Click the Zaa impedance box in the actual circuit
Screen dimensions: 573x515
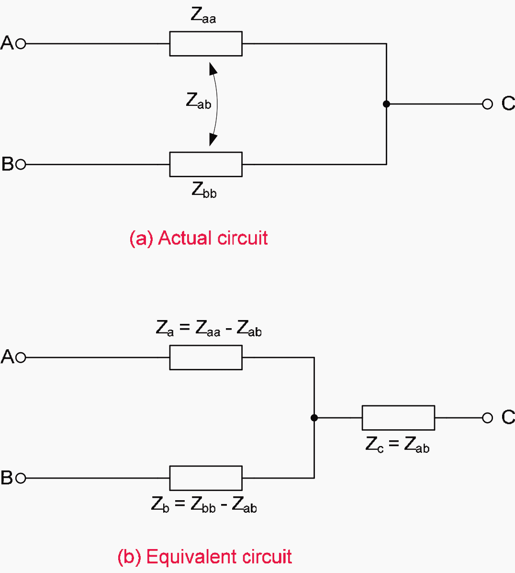coord(206,44)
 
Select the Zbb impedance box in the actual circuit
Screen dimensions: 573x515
coord(206,164)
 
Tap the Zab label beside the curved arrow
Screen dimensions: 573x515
coord(198,101)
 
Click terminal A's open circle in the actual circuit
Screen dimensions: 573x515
coord(21,44)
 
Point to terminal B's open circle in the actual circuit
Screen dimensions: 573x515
coord(21,164)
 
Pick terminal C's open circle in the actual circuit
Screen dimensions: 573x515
coord(487,104)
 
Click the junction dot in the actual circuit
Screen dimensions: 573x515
coord(386,104)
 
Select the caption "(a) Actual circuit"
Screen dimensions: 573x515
coord(198,238)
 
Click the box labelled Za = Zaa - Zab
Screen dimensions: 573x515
coord(206,357)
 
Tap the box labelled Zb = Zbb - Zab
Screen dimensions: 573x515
coord(206,478)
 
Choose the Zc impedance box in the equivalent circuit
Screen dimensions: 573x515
coord(398,418)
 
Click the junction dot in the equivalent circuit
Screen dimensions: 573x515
coord(314,418)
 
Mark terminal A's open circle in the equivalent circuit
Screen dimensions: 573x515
coord(21,357)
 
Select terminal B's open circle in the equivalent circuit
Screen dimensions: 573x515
coord(21,478)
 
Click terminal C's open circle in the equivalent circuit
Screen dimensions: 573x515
coord(487,418)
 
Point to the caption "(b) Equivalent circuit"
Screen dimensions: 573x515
coord(204,557)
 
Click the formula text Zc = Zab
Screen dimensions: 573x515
coord(397,445)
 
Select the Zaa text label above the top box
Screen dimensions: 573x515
coord(203,16)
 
